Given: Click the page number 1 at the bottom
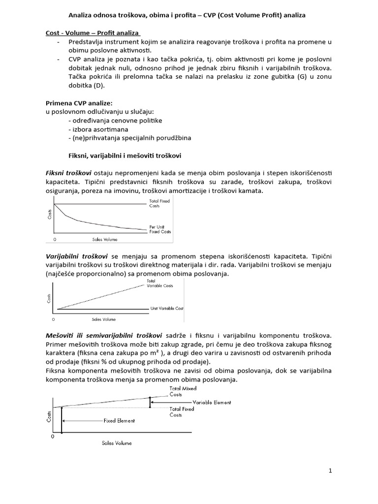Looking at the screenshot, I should click(331, 471).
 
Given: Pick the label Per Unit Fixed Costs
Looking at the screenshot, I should click(160, 229).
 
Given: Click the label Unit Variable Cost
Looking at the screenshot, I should click(166, 308).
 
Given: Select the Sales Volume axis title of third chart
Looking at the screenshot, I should click(117, 443).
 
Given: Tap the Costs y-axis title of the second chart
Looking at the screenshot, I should click(49, 297).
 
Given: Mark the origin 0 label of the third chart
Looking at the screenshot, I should click(53, 437).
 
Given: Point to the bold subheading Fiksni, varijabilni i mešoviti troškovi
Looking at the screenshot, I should click(125, 155).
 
